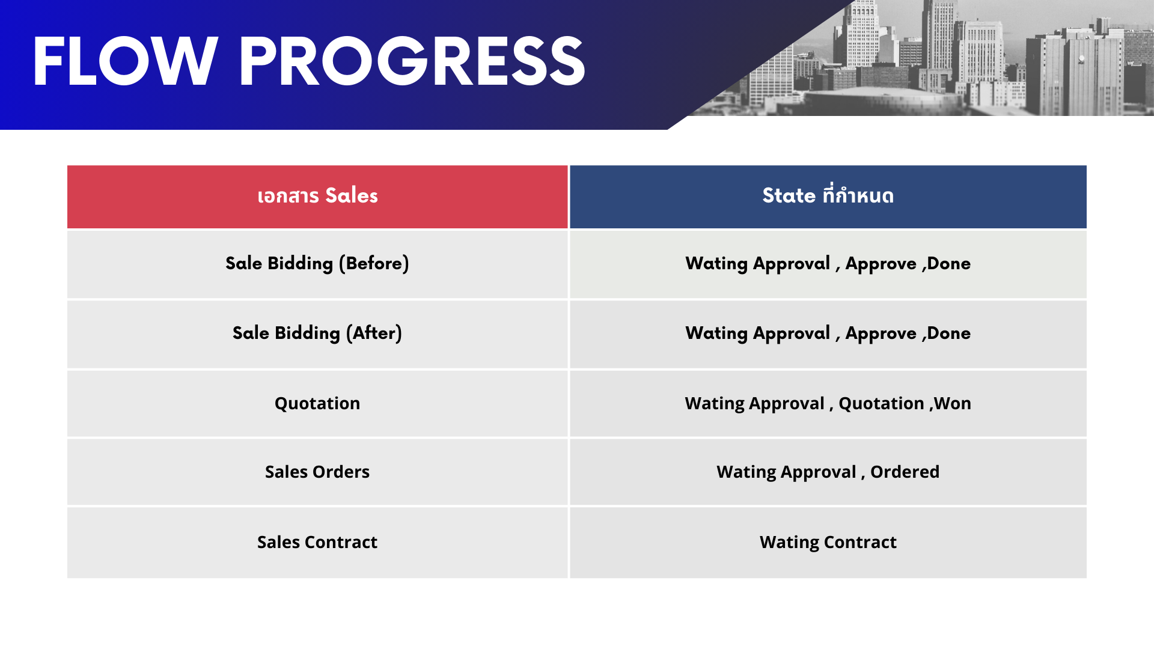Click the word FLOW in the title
point(125,61)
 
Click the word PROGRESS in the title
point(412,61)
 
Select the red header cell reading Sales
point(317,197)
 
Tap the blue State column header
point(828,197)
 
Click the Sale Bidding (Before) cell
point(317,264)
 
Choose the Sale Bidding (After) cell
point(317,334)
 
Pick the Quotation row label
point(317,403)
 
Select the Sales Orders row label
point(317,472)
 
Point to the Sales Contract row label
point(317,542)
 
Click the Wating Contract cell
point(828,543)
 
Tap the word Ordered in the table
point(905,472)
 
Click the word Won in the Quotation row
point(952,403)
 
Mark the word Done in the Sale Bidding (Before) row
point(949,263)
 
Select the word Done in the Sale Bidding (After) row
point(949,333)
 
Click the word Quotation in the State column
point(881,404)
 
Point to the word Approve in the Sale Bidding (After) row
point(881,334)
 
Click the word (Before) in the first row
point(374,263)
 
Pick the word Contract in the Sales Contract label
point(341,542)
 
